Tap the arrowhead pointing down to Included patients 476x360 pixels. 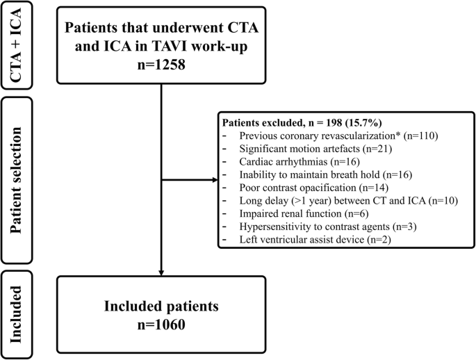pyautogui.click(x=161, y=271)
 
